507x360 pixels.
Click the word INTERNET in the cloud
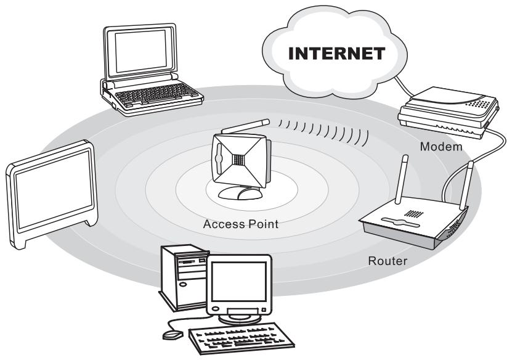pyautogui.click(x=336, y=54)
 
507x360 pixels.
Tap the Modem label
pyautogui.click(x=441, y=147)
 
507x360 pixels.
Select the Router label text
pyautogui.click(x=387, y=261)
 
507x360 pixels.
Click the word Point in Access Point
pyautogui.click(x=263, y=224)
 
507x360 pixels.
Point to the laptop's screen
pyautogui.click(x=141, y=51)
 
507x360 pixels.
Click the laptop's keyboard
pyautogui.click(x=157, y=94)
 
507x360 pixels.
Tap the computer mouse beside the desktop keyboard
pyautogui.click(x=172, y=335)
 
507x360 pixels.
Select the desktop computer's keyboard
pyautogui.click(x=241, y=338)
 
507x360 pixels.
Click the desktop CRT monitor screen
pyautogui.click(x=239, y=281)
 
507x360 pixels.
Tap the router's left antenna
pyautogui.click(x=400, y=179)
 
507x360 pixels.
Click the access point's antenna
pyautogui.click(x=246, y=126)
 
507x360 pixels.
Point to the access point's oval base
pyautogui.click(x=240, y=193)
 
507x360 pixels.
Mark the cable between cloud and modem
pyautogui.click(x=403, y=87)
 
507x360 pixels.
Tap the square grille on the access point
pyautogui.click(x=238, y=159)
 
